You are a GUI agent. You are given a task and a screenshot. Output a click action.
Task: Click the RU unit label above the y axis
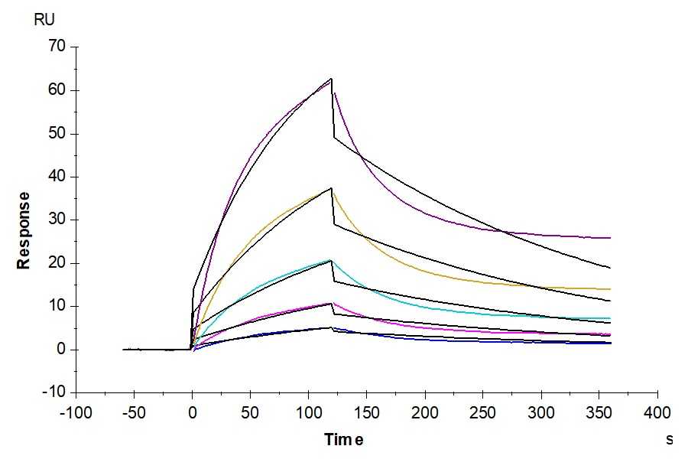(44, 20)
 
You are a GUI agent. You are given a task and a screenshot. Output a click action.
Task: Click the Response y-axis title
(24, 230)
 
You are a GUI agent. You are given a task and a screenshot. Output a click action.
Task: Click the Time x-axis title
(343, 439)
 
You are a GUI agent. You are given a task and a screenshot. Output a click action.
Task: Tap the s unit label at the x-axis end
(670, 439)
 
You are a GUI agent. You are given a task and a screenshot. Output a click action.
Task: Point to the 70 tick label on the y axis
(57, 47)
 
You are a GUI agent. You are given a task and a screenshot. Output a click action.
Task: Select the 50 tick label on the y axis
(57, 134)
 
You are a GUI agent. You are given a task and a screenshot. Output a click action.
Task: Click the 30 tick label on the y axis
(57, 220)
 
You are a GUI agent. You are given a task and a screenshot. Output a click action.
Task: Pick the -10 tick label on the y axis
(54, 392)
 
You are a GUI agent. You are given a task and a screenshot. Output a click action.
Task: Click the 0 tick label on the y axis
(62, 350)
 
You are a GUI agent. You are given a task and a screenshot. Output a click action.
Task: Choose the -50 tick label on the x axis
(134, 414)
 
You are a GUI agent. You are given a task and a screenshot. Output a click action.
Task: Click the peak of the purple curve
(331, 80)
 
